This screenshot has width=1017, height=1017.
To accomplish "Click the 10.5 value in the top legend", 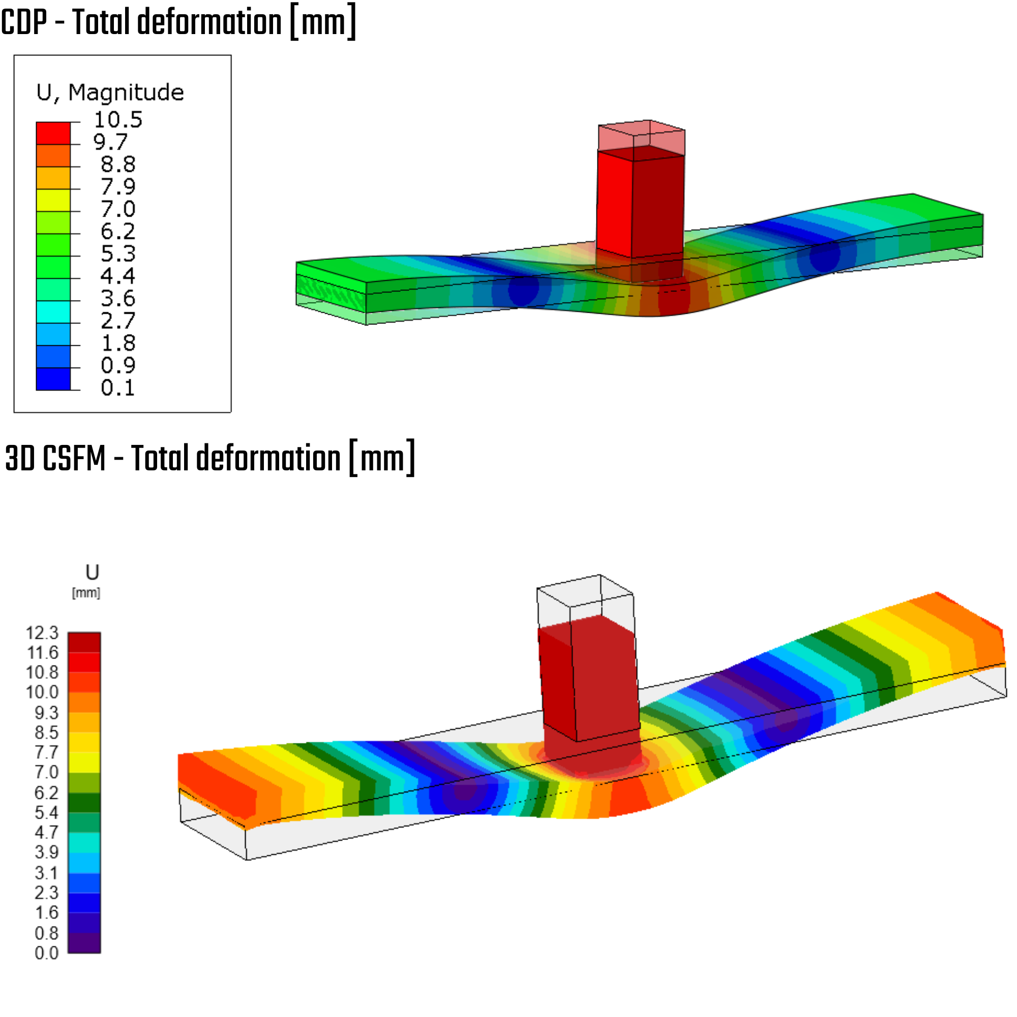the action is click(x=118, y=120).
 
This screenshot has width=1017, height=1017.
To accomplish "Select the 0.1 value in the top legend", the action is click(x=118, y=388).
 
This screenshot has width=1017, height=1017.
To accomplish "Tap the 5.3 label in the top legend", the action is click(x=118, y=254).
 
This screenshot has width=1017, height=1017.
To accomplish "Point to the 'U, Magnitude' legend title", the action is click(x=110, y=93).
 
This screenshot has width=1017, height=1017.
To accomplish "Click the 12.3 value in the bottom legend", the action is click(x=42, y=633).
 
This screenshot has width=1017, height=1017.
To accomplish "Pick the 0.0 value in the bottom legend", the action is click(x=46, y=953).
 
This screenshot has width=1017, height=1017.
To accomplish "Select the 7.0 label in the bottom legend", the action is click(x=46, y=772).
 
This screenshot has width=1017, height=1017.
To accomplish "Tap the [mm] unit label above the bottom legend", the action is click(x=86, y=593).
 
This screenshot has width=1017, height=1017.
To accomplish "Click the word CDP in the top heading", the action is click(x=24, y=22).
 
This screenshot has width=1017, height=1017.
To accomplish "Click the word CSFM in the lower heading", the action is click(x=74, y=458).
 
